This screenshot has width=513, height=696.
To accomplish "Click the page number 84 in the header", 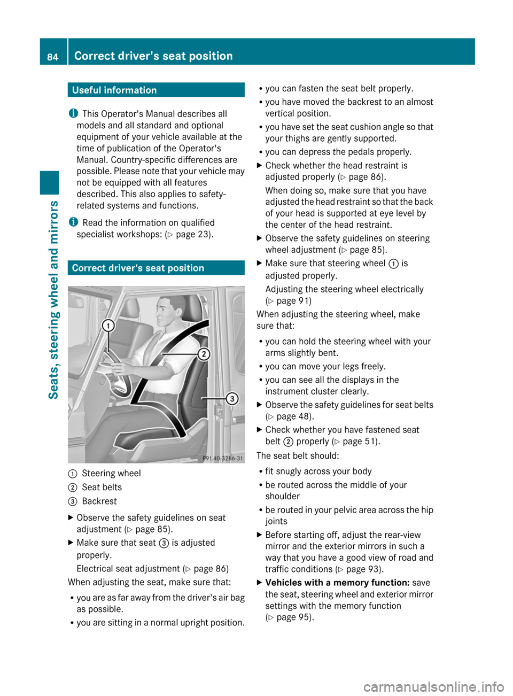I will coord(52,57).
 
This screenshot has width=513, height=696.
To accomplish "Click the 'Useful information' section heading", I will coord(114,90).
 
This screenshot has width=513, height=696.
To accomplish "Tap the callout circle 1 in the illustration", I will coord(108,326).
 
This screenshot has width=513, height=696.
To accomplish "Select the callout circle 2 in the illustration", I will coord(204,354).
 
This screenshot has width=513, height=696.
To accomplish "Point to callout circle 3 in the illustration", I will coord(232,398).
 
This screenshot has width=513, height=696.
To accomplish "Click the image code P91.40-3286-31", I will coord(222,458).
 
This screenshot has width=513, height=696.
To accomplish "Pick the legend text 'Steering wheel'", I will coord(111,473).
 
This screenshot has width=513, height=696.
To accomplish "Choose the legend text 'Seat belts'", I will coord(102,487).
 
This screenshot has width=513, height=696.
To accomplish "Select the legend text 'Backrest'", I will coord(99,501).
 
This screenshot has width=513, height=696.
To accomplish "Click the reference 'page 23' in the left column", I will coord(192,234).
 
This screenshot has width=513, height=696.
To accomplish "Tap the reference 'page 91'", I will coord(293,300).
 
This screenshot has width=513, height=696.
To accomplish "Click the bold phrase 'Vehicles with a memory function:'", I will coord(337,583).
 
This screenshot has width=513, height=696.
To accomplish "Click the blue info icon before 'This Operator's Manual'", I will coord(73,113).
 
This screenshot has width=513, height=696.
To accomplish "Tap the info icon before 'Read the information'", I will coord(73,222).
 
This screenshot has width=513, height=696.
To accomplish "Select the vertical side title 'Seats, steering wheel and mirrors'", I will coord(53,299).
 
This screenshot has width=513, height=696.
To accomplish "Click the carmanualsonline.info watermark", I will coord(433,686).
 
